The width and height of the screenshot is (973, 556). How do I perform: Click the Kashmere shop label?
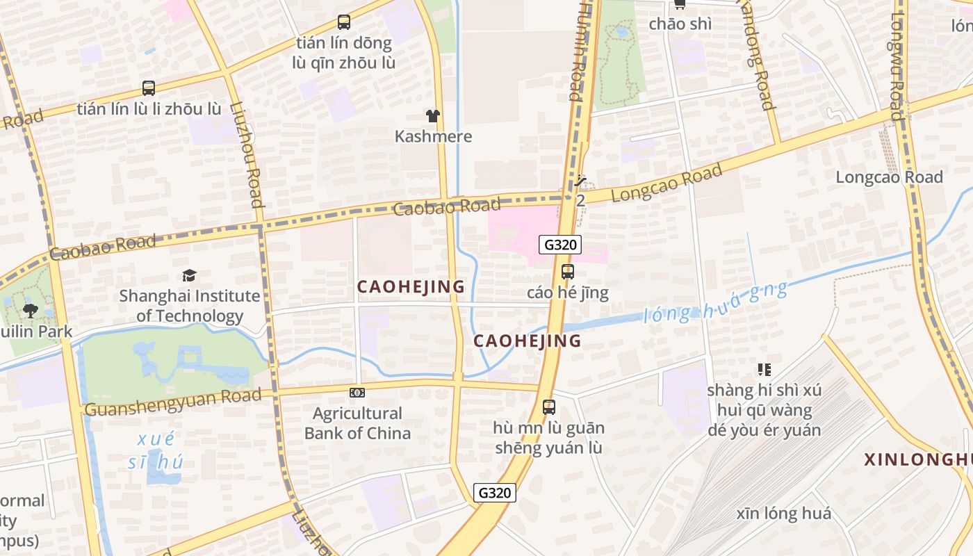coord(433,136)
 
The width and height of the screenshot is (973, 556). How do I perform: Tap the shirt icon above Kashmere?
coord(433,115)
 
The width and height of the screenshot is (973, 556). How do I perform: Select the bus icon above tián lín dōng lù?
coord(343,22)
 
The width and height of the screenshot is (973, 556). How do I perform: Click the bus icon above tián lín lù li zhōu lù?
coord(149,88)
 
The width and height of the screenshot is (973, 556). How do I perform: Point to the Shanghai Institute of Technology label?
coord(189,306)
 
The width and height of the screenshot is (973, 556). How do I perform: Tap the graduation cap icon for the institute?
coord(189,276)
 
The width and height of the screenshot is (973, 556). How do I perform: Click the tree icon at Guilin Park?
coord(30,310)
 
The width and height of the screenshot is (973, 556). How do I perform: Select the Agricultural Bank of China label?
coord(357,423)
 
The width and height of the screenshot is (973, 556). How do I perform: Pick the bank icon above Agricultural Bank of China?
coord(357,393)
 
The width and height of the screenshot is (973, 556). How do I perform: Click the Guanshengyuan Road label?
coord(173,401)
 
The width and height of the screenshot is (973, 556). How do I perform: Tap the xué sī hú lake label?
coord(156,450)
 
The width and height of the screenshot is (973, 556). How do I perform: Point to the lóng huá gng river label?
coord(716,303)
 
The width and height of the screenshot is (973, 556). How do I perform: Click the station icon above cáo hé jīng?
coord(568,272)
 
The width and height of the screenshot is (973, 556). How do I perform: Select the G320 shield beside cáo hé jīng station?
coord(559,245)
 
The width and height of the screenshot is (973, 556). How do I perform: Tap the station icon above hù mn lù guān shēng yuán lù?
coord(549,407)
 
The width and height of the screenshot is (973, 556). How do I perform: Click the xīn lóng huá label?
coord(784,514)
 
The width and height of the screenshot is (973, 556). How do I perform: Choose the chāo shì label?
coord(680,24)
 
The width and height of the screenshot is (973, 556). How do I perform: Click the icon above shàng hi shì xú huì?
coord(764,370)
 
